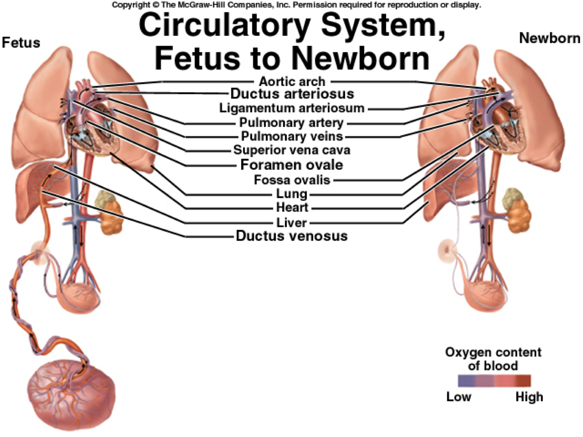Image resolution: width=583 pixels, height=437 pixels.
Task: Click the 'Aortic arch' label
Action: pos(292,81)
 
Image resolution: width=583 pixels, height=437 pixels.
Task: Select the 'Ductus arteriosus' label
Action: pos(292,94)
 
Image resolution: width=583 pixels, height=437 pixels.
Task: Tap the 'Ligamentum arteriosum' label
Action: pos(292,108)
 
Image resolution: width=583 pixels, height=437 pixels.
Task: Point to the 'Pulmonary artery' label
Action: pos(291,123)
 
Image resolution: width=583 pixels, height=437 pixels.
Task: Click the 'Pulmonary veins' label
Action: pos(292,136)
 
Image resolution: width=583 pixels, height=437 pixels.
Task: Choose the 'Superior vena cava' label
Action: pos(292,150)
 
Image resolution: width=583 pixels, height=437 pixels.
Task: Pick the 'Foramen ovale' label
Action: pos(292,165)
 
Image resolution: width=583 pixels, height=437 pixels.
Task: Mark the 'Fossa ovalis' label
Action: pos(292,180)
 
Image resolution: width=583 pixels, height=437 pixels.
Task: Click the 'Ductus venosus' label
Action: pos(292,236)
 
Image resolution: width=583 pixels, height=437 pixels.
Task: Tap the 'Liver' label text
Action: pos(292,222)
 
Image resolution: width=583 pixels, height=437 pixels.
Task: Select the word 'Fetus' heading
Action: pos(21,42)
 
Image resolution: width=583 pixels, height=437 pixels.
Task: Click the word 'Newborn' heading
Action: pos(549,38)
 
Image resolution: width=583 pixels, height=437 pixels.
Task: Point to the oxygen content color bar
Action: pos(494,381)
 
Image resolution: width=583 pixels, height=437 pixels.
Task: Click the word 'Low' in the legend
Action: pos(459,397)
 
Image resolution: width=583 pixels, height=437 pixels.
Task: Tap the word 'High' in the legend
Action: pos(529,397)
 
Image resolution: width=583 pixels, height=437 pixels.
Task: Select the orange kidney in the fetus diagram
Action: pos(112,217)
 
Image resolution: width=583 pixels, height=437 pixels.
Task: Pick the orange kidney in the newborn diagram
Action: pos(519,216)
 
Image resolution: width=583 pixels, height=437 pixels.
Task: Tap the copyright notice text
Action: pos(296,5)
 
